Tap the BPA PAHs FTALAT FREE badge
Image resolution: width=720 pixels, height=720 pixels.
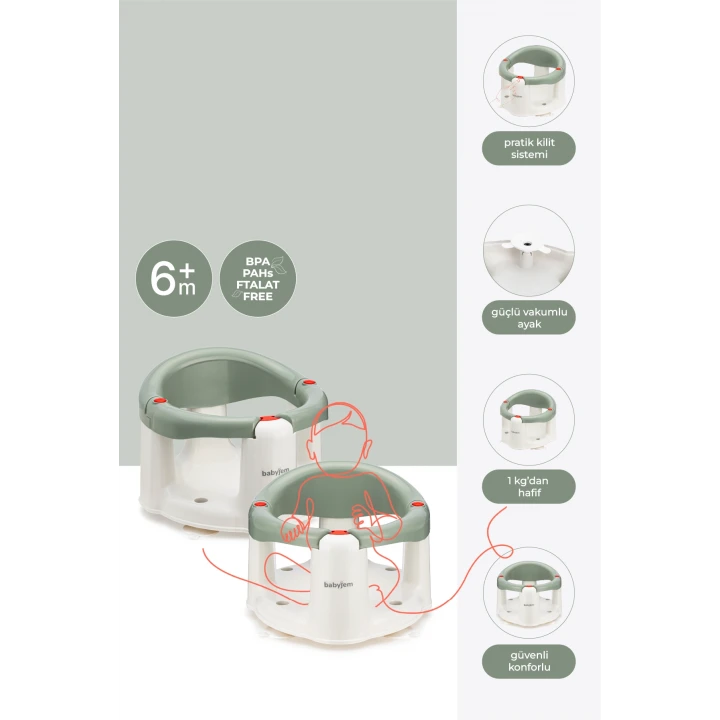(258, 277)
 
